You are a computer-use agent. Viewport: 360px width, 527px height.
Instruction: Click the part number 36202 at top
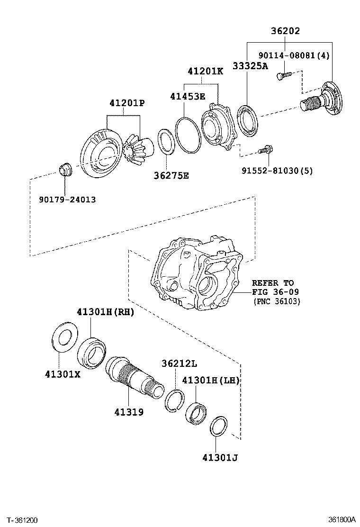click(285, 31)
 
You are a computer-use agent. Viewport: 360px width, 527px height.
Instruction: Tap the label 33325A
click(250, 66)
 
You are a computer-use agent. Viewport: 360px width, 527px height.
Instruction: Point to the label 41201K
click(205, 72)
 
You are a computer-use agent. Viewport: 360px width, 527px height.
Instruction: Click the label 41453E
click(188, 96)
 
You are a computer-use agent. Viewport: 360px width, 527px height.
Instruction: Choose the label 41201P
click(126, 103)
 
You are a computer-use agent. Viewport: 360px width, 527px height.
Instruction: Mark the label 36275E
click(171, 175)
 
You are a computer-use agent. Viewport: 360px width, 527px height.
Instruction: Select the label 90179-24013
click(67, 200)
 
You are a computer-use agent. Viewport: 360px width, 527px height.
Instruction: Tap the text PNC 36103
click(277, 301)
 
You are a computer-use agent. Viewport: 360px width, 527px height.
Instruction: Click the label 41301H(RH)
click(106, 312)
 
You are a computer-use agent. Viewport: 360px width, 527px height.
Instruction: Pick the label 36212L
click(179, 363)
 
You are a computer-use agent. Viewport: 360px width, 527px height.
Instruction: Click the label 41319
click(128, 412)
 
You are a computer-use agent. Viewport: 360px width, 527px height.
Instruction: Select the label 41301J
click(219, 457)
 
